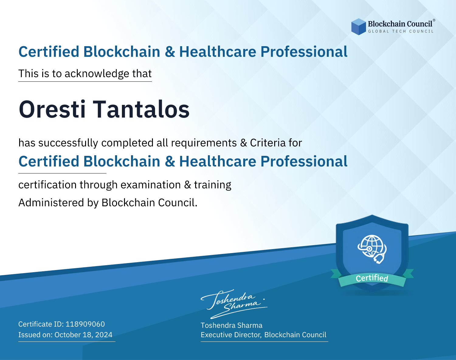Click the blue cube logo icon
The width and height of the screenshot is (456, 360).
coord(358,27)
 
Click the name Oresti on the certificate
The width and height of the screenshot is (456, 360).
coord(52,110)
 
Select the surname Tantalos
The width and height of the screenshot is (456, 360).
coord(141,110)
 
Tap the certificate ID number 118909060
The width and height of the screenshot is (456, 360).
coord(85,324)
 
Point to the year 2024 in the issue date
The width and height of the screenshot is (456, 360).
coord(104,335)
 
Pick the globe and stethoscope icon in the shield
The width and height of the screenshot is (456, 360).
coord(372,249)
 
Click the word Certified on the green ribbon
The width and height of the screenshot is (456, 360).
coord(372,278)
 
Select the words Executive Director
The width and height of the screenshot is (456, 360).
coord(231,335)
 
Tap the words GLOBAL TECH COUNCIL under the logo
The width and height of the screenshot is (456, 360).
coord(401,31)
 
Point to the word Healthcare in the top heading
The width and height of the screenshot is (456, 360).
coord(218,52)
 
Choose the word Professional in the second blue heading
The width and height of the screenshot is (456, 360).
coord(304,161)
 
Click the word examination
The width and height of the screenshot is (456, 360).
coord(151,185)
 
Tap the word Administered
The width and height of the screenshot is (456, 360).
coord(51,203)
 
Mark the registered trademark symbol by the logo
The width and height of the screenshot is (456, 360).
coord(434,20)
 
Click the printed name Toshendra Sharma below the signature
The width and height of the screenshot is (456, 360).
coord(231,325)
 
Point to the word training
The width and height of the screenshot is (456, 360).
coord(212,185)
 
